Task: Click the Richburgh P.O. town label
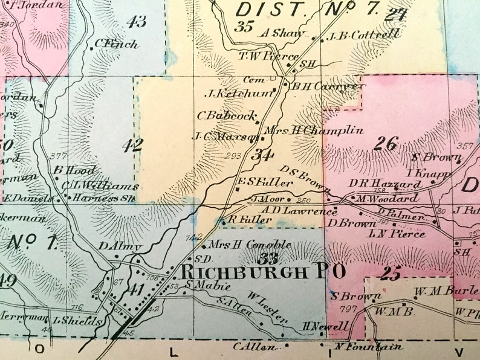pos(263,272)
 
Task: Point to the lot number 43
pos(137,22)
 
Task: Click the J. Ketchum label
pos(239,93)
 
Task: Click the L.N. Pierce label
pos(397,234)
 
